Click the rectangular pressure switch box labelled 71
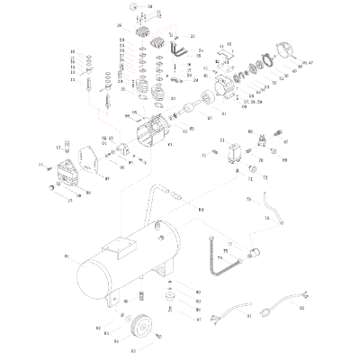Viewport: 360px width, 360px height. coord(235,150)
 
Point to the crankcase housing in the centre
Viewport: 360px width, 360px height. coord(150,135)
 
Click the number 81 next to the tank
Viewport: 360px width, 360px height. coord(67,257)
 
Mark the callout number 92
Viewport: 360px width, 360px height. coord(301,309)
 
